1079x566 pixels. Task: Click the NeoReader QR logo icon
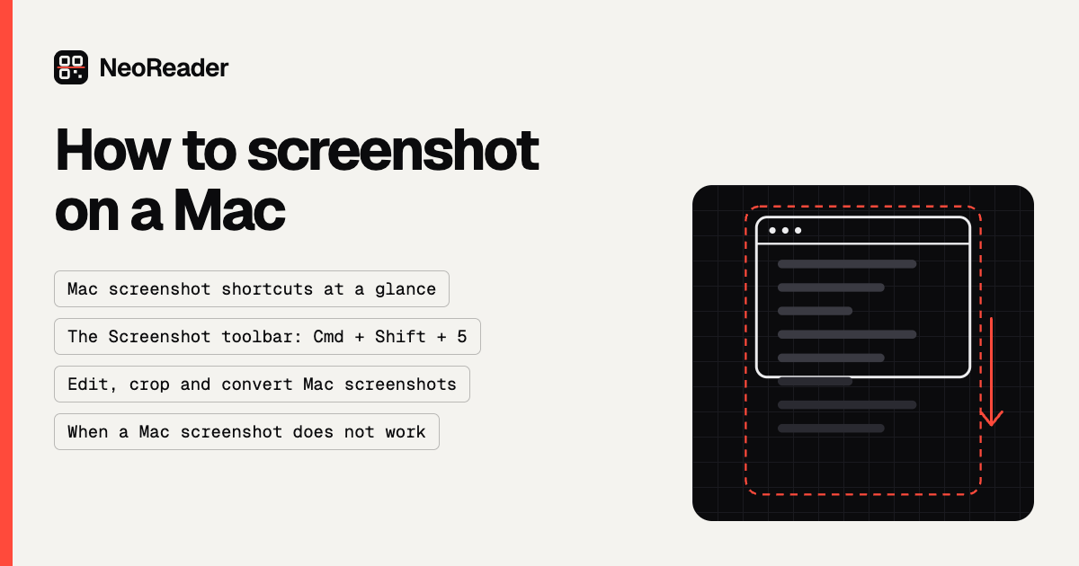click(71, 67)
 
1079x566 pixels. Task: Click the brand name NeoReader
click(164, 68)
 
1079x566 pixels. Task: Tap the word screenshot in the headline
click(393, 150)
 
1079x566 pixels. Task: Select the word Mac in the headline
click(229, 210)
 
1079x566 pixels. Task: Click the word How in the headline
click(112, 150)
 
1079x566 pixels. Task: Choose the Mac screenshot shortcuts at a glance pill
click(252, 288)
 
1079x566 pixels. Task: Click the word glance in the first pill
click(406, 289)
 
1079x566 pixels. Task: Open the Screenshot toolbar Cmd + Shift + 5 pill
click(267, 336)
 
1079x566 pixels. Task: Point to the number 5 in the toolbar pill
click(462, 336)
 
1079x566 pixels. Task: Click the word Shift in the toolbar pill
click(400, 336)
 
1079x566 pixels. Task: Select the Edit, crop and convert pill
click(262, 385)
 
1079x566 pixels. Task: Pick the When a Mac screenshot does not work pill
click(246, 432)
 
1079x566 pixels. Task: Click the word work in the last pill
click(406, 432)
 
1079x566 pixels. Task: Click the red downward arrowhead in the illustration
click(991, 419)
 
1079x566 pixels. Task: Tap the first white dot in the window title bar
click(772, 231)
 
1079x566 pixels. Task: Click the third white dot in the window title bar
click(798, 231)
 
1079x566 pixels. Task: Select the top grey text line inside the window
click(847, 264)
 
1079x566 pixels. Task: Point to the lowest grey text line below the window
click(831, 429)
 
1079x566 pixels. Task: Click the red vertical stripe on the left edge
click(6, 283)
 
